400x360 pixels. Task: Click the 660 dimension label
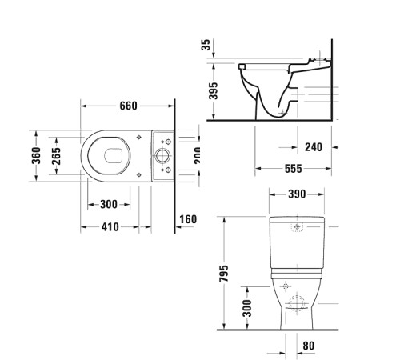point(130,106)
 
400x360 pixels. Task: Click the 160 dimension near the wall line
point(188,219)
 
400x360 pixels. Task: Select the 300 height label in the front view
point(246,306)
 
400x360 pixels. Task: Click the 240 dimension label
point(314,147)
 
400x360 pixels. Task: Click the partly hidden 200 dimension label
point(197,155)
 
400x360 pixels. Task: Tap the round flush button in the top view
point(165,154)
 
